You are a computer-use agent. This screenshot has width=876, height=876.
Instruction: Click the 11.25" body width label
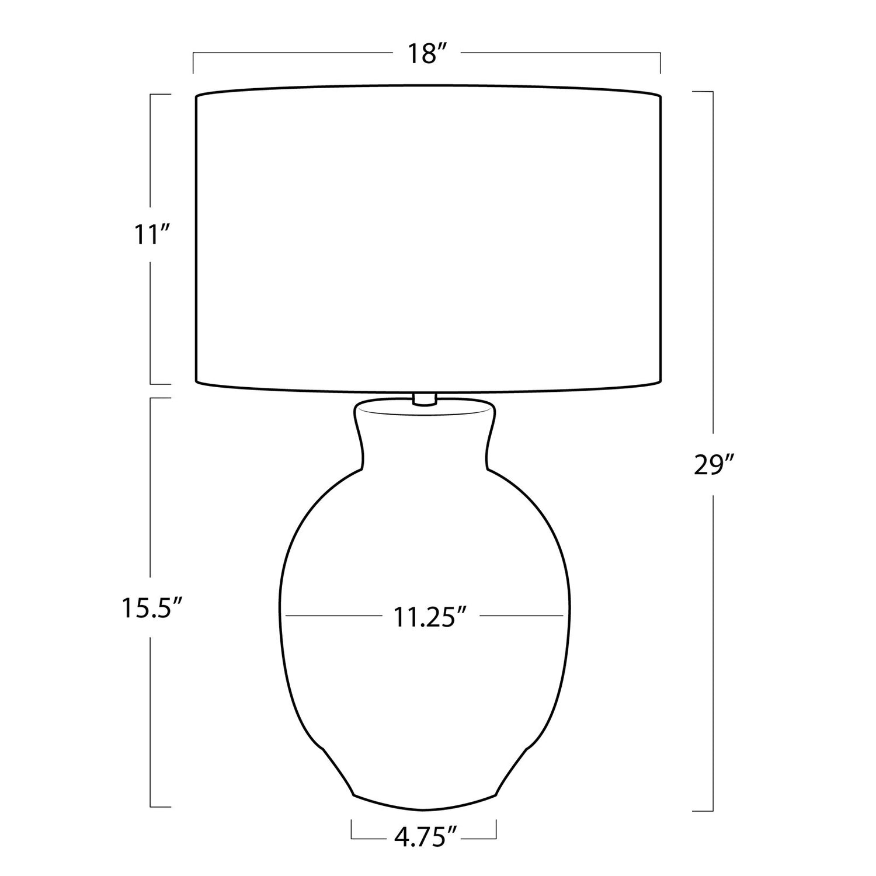(x=430, y=617)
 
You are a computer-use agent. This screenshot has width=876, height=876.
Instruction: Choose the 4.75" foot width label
(x=425, y=838)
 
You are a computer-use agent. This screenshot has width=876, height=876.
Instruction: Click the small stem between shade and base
(x=425, y=399)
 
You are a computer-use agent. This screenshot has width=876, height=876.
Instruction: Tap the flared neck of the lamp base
(x=425, y=435)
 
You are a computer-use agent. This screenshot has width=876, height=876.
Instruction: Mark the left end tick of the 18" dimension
(x=193, y=63)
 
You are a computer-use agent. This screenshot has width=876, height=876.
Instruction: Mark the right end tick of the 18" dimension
(x=661, y=63)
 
